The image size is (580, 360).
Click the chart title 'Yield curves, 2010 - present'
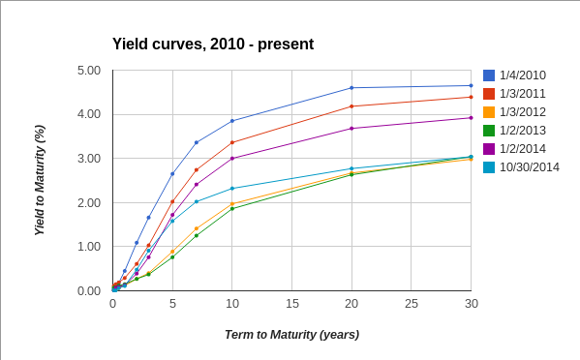click(x=213, y=45)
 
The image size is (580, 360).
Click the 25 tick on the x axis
click(x=412, y=304)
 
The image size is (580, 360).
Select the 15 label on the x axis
click(x=291, y=304)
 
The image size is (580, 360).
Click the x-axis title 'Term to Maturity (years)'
click(x=291, y=335)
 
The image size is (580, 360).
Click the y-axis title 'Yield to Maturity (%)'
click(x=40, y=181)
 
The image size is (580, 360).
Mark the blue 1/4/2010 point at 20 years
click(x=351, y=88)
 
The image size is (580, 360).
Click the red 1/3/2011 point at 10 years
click(x=232, y=142)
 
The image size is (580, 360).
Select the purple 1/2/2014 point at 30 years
click(x=472, y=118)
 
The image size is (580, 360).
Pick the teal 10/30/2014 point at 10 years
click(x=232, y=189)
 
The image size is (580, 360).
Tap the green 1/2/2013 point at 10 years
click(x=232, y=208)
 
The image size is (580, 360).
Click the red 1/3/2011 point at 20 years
click(x=351, y=106)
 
